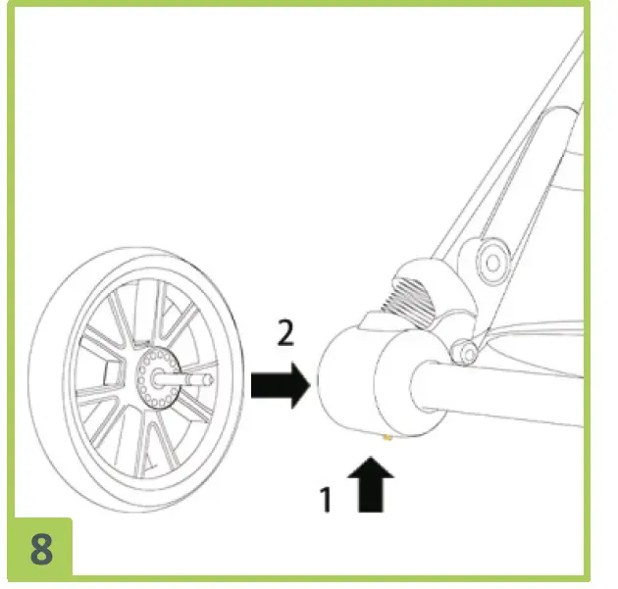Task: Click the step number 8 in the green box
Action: [41, 548]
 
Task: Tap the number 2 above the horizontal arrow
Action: [285, 334]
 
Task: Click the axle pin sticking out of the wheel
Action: [196, 376]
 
